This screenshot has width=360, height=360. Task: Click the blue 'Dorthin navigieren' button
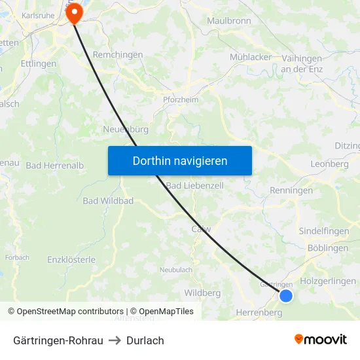(180, 160)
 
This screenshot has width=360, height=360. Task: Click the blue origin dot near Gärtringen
(286, 296)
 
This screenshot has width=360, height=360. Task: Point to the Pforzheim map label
(180, 99)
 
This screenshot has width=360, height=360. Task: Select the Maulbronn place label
(229, 21)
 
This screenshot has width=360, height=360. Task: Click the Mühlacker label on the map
(251, 57)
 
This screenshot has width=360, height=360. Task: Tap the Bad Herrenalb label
(54, 166)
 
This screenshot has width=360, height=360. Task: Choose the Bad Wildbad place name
(108, 200)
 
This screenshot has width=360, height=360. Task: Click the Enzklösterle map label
(71, 260)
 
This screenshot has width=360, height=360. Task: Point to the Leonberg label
(330, 164)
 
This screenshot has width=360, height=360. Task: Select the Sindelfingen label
(324, 232)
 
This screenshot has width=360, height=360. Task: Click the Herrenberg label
(259, 313)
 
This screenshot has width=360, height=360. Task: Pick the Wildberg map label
(202, 293)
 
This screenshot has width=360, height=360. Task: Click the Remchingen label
(118, 56)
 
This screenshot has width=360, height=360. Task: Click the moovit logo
(320, 340)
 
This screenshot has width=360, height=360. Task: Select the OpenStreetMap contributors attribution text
(70, 312)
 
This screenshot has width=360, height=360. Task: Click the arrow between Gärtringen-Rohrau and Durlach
(114, 340)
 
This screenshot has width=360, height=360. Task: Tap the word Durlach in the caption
(145, 340)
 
